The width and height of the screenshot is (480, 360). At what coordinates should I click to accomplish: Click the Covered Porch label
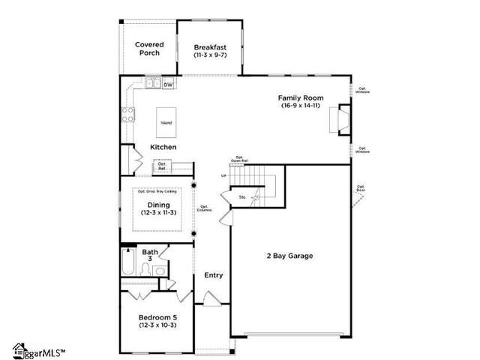pos(149,49)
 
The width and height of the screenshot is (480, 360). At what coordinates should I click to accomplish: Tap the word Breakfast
pos(210,46)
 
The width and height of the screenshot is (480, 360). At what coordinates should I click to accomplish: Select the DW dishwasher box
pos(169,85)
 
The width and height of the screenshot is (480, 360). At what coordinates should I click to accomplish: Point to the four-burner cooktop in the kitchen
pos(128,115)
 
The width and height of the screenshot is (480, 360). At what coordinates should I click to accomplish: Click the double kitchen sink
pos(152,84)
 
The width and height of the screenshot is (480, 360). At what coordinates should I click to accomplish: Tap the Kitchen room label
pos(163,147)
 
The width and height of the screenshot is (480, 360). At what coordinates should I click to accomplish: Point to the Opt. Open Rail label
pos(239,158)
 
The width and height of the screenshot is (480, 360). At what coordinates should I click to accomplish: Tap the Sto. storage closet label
pos(242,199)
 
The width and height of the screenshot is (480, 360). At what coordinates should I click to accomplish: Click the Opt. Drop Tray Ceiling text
pos(158,192)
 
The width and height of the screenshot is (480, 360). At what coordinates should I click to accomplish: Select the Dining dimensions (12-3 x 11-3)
pos(158,213)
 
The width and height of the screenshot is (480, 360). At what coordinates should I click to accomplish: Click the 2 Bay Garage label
pos(289,256)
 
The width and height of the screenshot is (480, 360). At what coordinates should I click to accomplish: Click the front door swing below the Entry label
pos(209,299)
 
